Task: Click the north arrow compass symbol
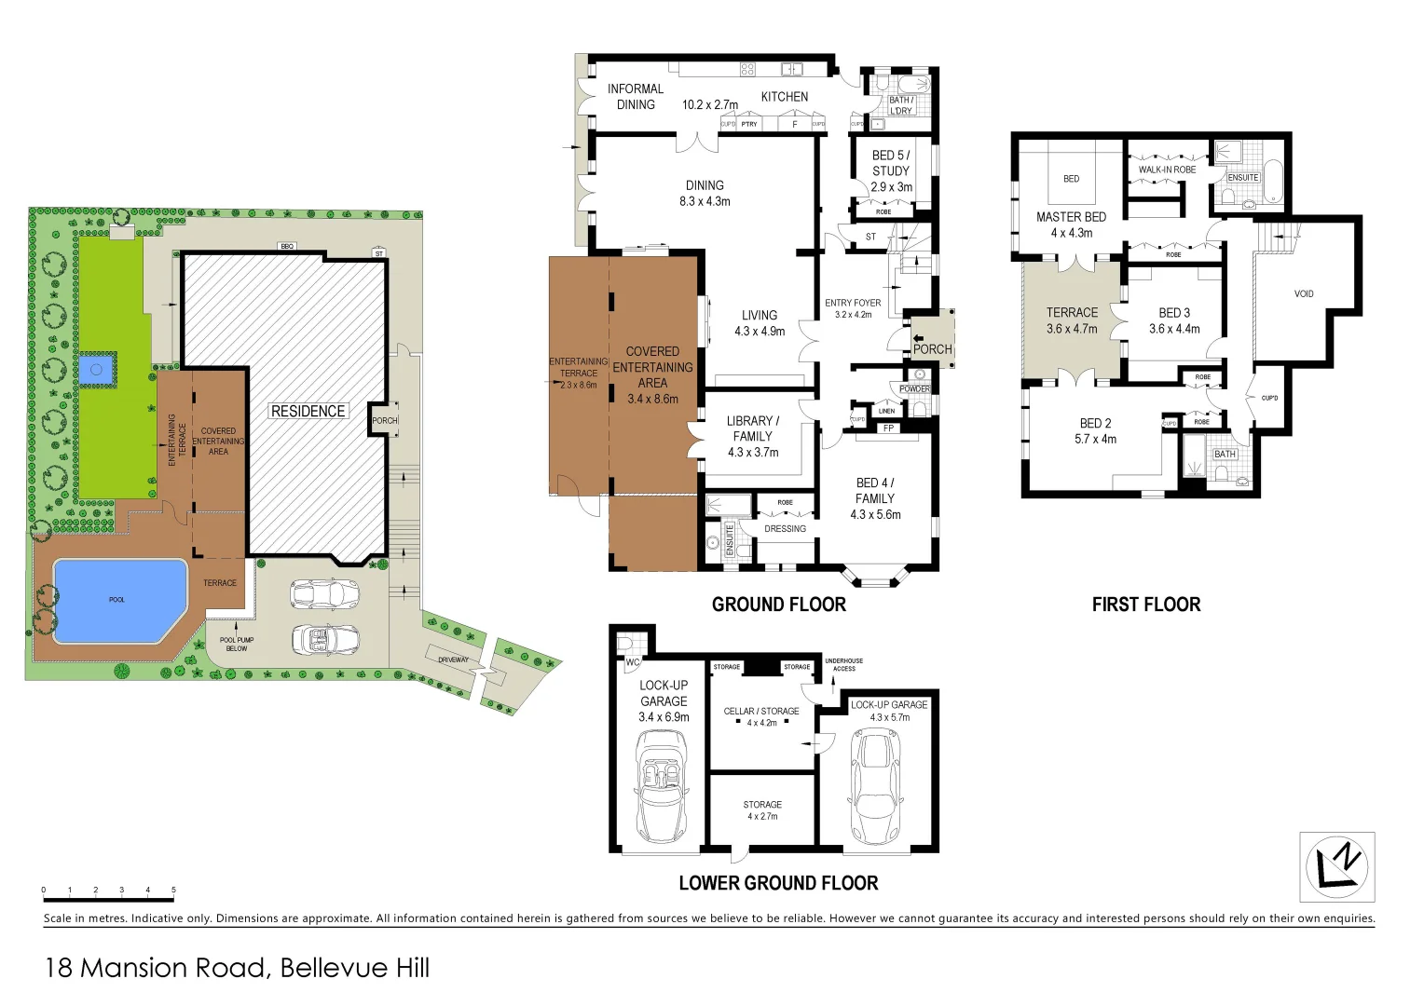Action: (x=1337, y=867)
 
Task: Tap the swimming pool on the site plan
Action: (x=116, y=601)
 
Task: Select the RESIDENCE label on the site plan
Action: (x=308, y=411)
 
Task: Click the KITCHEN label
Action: (x=784, y=97)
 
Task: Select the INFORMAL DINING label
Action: (x=636, y=97)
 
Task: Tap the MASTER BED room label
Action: (x=1071, y=217)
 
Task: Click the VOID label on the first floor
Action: (x=1304, y=293)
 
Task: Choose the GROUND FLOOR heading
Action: (x=778, y=605)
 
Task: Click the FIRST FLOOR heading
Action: (x=1145, y=605)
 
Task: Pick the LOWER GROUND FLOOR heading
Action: (x=778, y=883)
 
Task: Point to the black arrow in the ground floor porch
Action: (x=917, y=335)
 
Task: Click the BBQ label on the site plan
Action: (x=287, y=246)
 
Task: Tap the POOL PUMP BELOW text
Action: (x=237, y=644)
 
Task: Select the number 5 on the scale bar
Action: (x=173, y=890)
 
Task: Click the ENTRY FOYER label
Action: (x=853, y=303)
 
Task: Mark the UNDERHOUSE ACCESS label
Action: (x=843, y=664)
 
